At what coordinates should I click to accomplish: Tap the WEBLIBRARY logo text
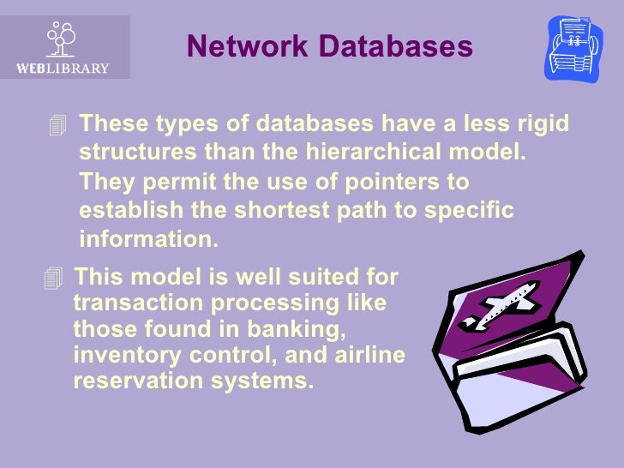click(x=63, y=68)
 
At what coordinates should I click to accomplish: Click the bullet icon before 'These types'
click(x=58, y=127)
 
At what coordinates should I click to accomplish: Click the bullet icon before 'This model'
click(x=55, y=278)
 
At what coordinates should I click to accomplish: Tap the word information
click(x=149, y=239)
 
